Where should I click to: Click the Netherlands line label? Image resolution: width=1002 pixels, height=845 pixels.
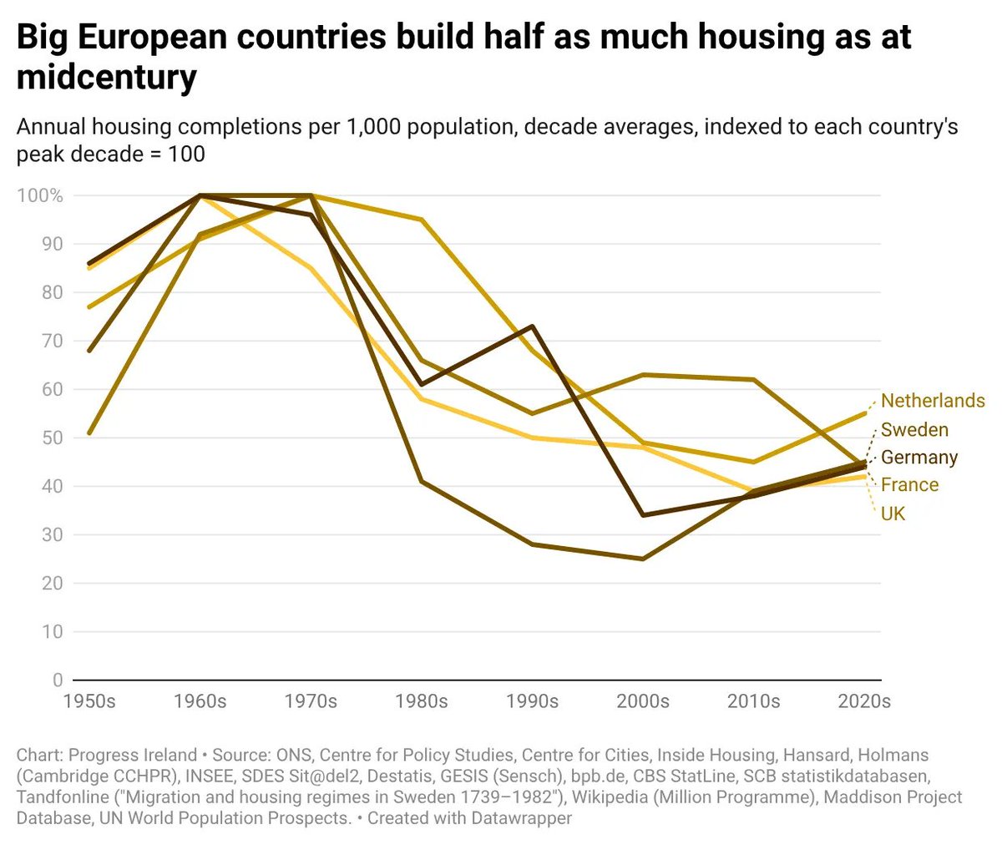tap(933, 401)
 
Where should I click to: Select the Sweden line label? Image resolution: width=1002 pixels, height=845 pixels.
tap(914, 429)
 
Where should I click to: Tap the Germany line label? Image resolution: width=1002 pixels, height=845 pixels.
tap(919, 458)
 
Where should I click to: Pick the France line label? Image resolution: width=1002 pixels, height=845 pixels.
tap(910, 484)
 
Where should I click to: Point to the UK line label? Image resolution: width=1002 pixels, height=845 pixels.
tap(893, 514)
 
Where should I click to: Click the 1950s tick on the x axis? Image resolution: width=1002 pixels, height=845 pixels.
tap(89, 701)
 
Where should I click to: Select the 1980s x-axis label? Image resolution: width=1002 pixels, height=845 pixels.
tap(422, 701)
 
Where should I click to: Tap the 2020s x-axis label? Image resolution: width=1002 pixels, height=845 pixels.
tap(864, 701)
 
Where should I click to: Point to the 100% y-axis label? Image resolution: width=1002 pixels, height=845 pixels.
tap(40, 195)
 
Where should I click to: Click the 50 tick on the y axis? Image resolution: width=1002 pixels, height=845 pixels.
tap(53, 438)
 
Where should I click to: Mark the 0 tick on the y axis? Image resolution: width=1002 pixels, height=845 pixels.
tap(58, 680)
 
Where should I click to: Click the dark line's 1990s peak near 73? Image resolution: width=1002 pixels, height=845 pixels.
tap(532, 326)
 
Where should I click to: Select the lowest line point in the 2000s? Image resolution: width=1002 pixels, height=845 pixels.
tap(643, 559)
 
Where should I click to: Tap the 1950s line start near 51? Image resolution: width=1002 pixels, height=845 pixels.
tap(89, 433)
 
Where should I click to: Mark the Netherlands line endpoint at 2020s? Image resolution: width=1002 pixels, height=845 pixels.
tap(865, 413)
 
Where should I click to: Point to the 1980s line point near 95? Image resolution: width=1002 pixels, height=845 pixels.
tap(422, 220)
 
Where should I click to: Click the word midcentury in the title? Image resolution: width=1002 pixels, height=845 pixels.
tap(107, 77)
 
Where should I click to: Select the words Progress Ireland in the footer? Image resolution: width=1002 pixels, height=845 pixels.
tap(133, 755)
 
